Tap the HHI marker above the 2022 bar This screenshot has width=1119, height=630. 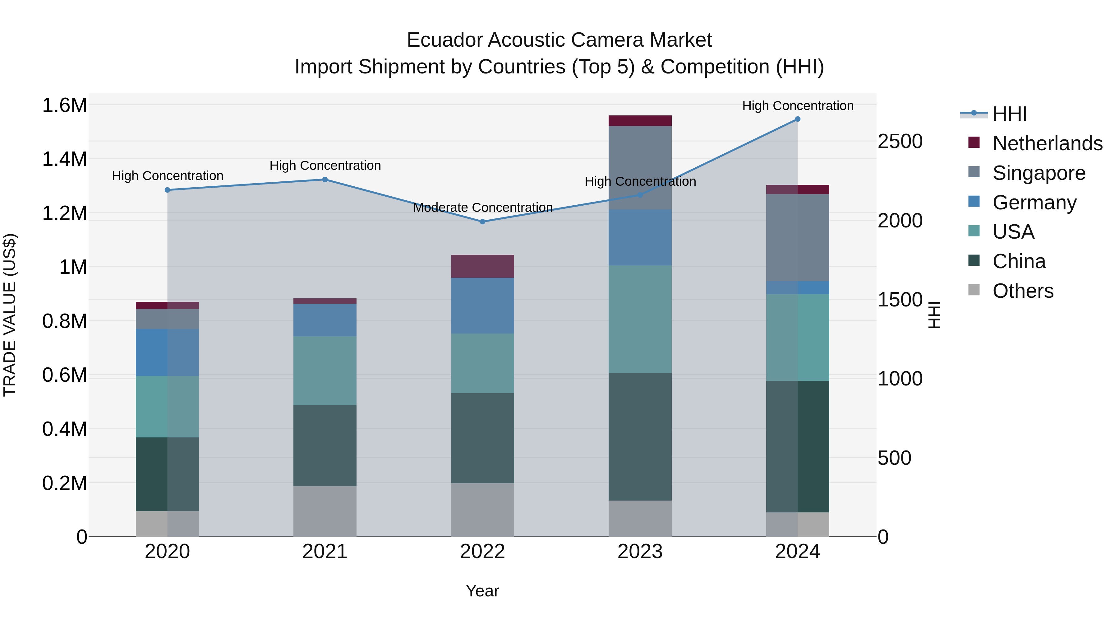[x=482, y=222]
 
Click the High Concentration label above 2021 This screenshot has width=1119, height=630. [x=325, y=166]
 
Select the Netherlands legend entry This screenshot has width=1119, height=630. [x=1047, y=143]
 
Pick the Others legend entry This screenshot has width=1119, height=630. [x=1023, y=291]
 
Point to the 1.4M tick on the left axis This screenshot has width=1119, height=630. [x=64, y=159]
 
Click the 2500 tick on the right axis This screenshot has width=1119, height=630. [x=900, y=142]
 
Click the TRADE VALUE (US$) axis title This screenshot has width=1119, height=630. [x=10, y=315]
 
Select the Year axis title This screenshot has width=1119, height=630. [x=482, y=591]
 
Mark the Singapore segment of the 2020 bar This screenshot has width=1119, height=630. [x=167, y=319]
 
